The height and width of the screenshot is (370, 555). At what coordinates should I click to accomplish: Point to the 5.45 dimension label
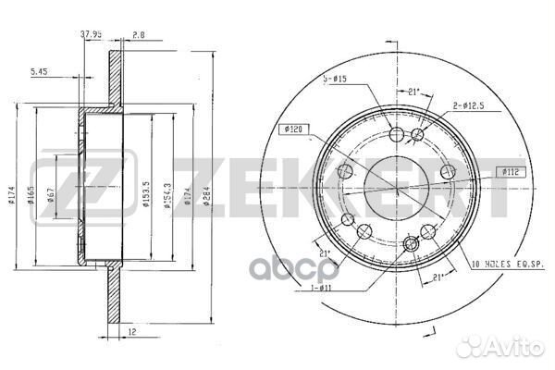pos(40,71)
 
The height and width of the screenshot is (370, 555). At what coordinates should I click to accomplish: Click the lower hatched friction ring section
pos(115,287)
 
